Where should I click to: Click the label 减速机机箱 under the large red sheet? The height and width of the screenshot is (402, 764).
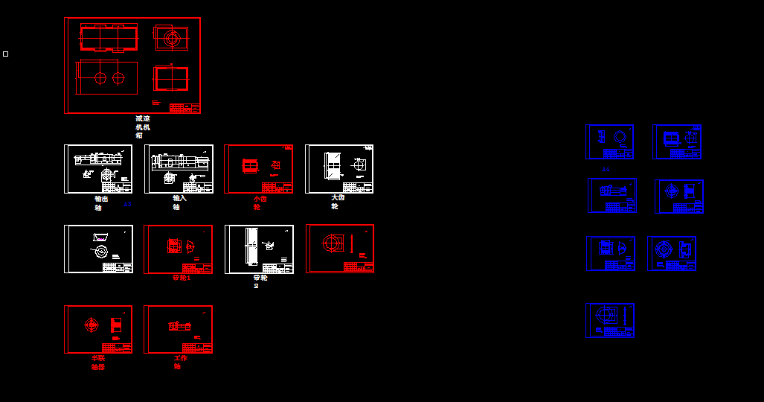click(x=142, y=127)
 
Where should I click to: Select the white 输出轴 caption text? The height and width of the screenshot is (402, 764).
click(x=100, y=202)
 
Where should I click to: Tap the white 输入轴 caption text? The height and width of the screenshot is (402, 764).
click(x=179, y=202)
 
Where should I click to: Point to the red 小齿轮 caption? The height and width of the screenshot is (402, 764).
click(x=259, y=202)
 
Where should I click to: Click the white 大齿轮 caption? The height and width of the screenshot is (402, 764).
click(x=338, y=202)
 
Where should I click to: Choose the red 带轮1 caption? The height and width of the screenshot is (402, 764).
click(x=182, y=278)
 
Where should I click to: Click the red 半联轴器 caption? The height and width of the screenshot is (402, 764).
click(x=98, y=363)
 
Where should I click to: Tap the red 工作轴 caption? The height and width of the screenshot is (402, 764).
click(x=180, y=362)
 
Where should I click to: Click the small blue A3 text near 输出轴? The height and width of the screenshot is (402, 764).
click(x=127, y=204)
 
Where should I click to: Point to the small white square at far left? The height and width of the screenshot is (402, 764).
click(x=6, y=54)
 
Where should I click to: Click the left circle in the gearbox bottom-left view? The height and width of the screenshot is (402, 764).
click(x=100, y=77)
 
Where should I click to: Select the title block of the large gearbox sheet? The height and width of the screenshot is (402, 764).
click(x=184, y=108)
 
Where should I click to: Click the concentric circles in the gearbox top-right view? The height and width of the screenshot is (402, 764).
click(x=172, y=37)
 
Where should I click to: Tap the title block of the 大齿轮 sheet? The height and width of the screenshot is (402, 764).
click(x=360, y=188)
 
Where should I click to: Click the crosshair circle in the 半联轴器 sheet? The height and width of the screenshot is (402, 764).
click(x=91, y=325)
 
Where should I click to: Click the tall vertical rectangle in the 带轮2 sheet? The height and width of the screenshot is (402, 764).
click(x=251, y=246)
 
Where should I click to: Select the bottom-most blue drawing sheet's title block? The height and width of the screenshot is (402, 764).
click(x=619, y=331)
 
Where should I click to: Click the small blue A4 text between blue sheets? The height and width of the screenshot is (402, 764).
click(x=606, y=170)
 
